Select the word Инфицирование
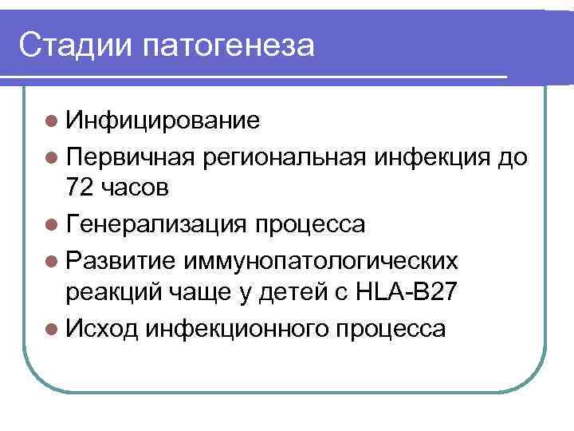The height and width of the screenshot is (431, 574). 163,121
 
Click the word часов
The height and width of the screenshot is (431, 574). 137,189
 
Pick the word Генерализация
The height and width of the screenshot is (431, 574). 159,224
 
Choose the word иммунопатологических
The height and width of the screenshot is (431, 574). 320,259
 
